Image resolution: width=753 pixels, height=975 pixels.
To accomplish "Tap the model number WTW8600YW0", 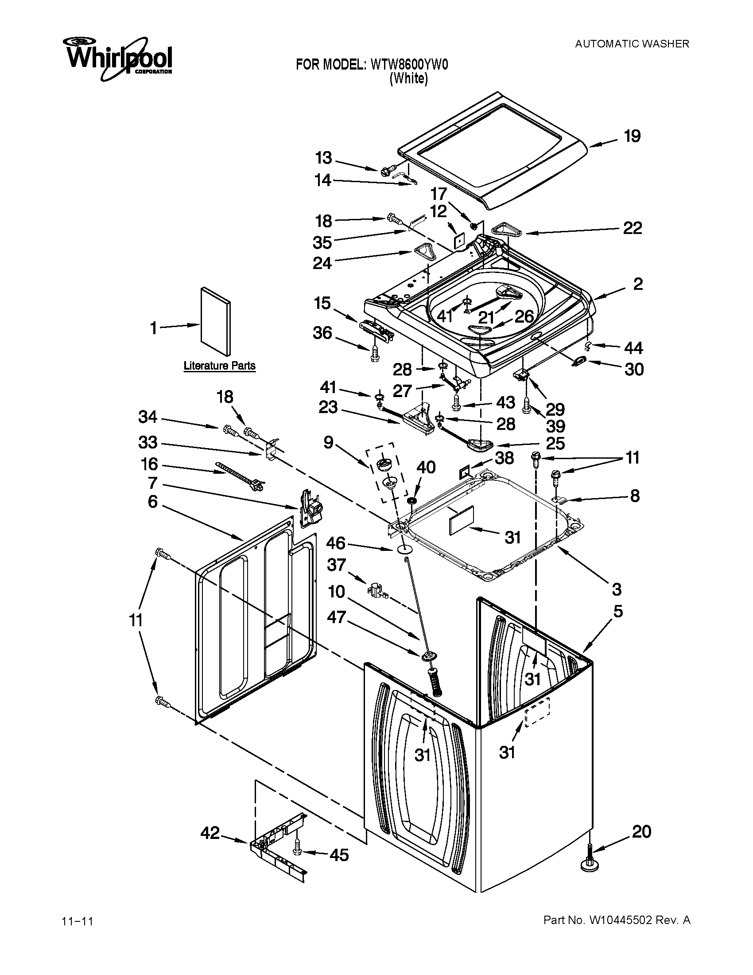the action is pos(409,65).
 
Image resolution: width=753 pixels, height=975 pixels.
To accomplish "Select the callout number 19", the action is pos(632,136).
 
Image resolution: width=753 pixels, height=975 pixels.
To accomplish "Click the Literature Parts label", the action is pos(219,366).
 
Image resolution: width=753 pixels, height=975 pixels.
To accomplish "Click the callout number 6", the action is pos(152,502).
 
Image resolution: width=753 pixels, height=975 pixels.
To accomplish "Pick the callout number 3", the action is pos(617,589).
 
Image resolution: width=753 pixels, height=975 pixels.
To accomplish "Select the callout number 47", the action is pos(336,617).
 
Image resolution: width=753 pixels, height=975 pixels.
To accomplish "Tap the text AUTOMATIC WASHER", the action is pos(632,44).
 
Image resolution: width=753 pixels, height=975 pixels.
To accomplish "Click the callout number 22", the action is pos(632,228).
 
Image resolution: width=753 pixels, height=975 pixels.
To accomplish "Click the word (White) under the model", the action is pos(409,79).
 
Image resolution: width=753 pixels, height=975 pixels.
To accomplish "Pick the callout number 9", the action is pos(328,442).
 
